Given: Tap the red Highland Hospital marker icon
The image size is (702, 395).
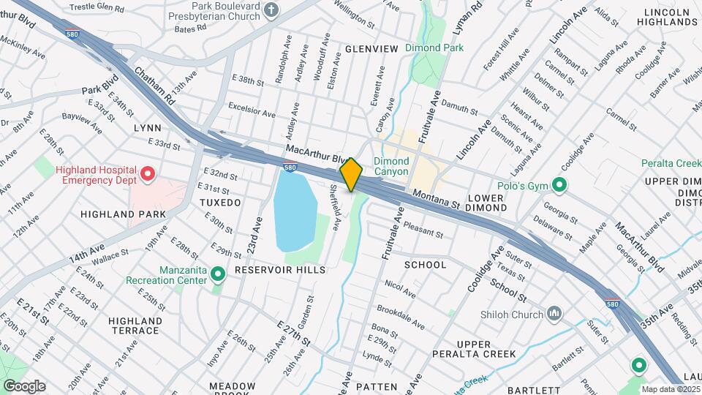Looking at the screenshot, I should tap(148, 174).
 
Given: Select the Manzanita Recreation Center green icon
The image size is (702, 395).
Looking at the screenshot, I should tap(217, 274).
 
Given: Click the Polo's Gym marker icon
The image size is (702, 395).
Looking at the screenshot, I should tap(559, 184).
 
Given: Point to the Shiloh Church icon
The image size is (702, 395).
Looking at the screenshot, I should tap(554, 315).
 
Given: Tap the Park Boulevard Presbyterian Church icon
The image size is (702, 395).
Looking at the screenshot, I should tap(272, 10).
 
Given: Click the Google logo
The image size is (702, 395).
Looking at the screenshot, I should tap(23, 385).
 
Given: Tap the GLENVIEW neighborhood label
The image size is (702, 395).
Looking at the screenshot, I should tap(371, 48).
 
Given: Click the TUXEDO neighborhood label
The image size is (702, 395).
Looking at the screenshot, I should tap(220, 202).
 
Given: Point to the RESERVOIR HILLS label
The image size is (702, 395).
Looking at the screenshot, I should tap(279, 270).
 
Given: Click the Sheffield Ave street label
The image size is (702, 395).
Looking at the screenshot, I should tap(333, 206).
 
